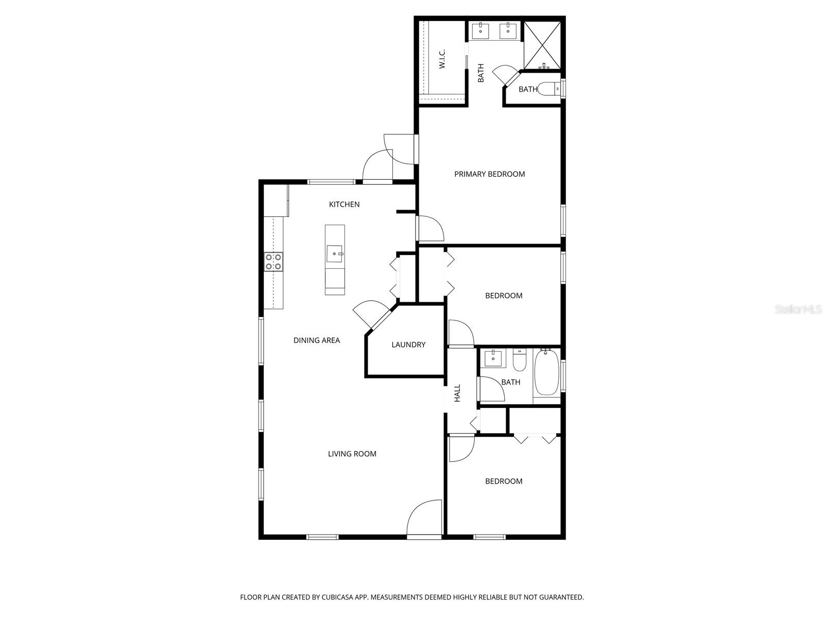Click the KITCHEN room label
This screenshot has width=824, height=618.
pyautogui.click(x=344, y=204)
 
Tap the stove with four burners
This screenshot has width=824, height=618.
pyautogui.click(x=273, y=262)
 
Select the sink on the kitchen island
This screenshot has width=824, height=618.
pyautogui.click(x=335, y=253)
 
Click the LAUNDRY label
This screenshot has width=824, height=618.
pyautogui.click(x=408, y=345)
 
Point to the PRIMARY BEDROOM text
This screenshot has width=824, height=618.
pyautogui.click(x=489, y=174)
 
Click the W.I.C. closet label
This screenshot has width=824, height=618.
pyautogui.click(x=442, y=59)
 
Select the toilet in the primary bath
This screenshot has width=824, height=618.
pyautogui.click(x=549, y=89)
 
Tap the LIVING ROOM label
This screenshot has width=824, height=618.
pyautogui.click(x=352, y=454)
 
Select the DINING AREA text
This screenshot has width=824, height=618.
pyautogui.click(x=317, y=340)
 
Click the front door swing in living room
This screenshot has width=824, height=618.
pyautogui.click(x=424, y=519)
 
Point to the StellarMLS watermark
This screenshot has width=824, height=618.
pyautogui.click(x=798, y=310)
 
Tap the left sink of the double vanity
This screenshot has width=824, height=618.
pyautogui.click(x=480, y=30)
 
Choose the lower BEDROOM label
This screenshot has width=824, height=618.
pyautogui.click(x=504, y=481)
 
